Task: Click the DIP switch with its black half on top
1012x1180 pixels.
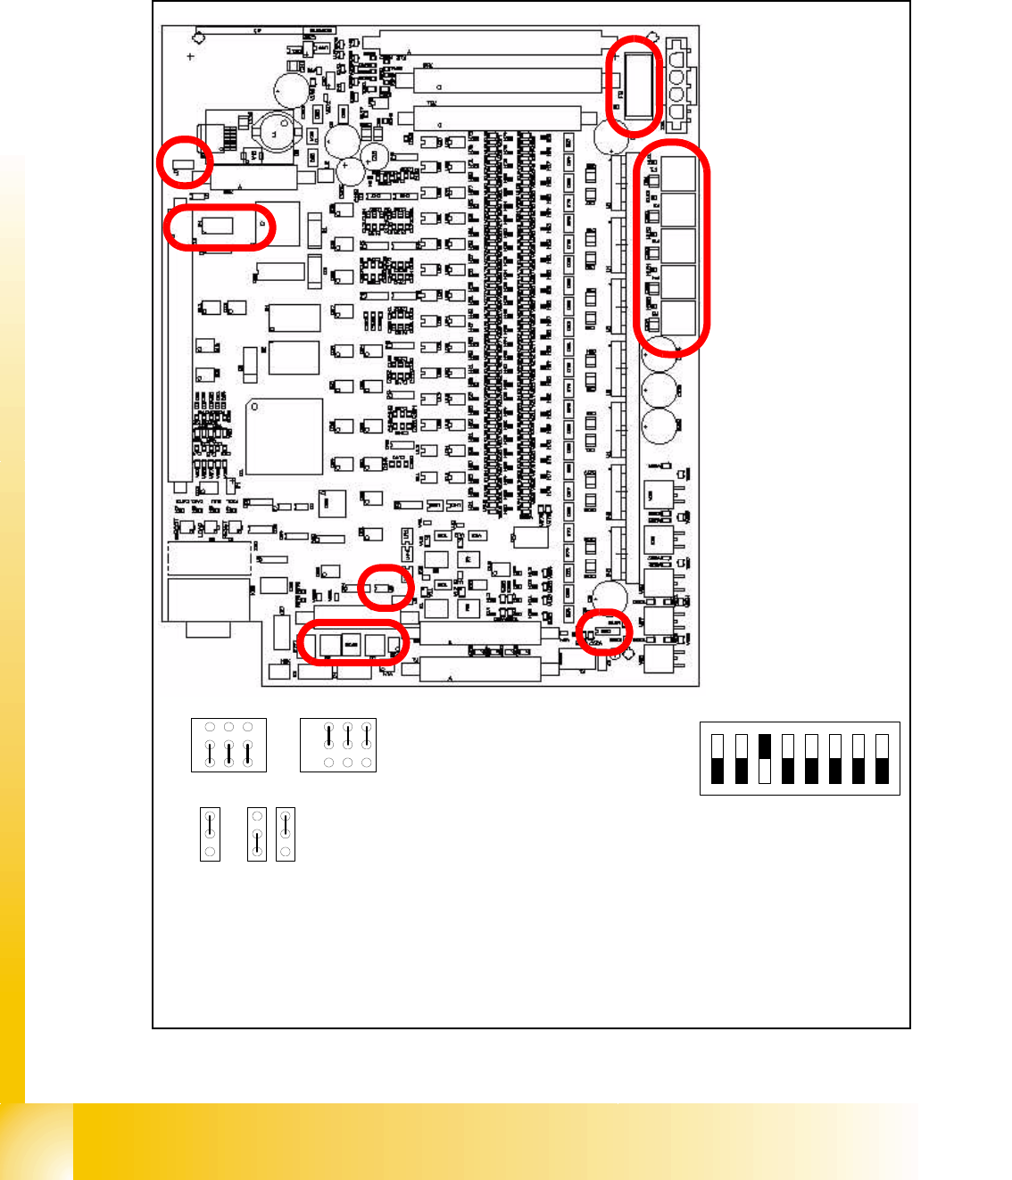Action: pos(764,758)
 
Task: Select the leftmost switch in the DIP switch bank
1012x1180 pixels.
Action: pos(718,758)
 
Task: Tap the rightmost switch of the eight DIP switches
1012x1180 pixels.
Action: pos(882,758)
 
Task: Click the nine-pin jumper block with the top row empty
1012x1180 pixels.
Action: pos(228,745)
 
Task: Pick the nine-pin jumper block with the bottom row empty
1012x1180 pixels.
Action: pos(338,745)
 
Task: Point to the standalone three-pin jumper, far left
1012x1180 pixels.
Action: pos(210,834)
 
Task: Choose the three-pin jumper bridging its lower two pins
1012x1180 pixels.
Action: pos(257,834)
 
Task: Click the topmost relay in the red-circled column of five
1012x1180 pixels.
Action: pos(677,173)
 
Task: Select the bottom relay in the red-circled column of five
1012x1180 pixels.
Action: pos(677,318)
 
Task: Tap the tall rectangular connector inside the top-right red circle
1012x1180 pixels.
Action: pos(637,85)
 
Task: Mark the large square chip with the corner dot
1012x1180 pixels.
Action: pos(284,436)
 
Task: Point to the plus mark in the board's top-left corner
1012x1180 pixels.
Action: pos(190,56)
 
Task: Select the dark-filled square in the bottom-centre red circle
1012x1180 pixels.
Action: pos(351,643)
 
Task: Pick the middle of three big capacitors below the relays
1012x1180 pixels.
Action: pos(659,389)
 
